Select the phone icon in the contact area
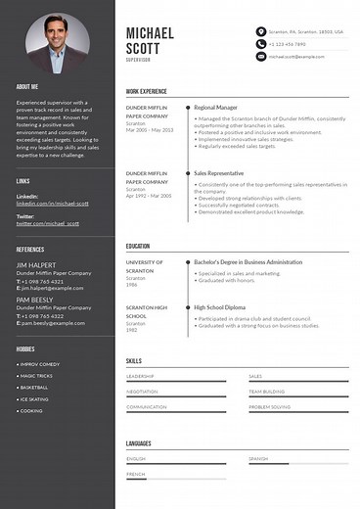pyautogui.click(x=260, y=44)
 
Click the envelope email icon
pyautogui.click(x=260, y=57)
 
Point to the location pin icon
pyautogui.click(x=260, y=31)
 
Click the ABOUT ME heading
pyautogui.click(x=27, y=87)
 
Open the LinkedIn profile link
pyautogui.click(x=53, y=204)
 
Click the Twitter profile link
pyautogui.click(x=46, y=223)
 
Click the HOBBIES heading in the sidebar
pyautogui.click(x=24, y=347)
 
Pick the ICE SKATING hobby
pyautogui.click(x=35, y=399)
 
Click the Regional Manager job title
pyautogui.click(x=217, y=107)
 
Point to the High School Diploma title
pyautogui.click(x=224, y=309)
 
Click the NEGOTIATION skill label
pyautogui.click(x=142, y=392)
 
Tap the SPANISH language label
pyautogui.click(x=258, y=458)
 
